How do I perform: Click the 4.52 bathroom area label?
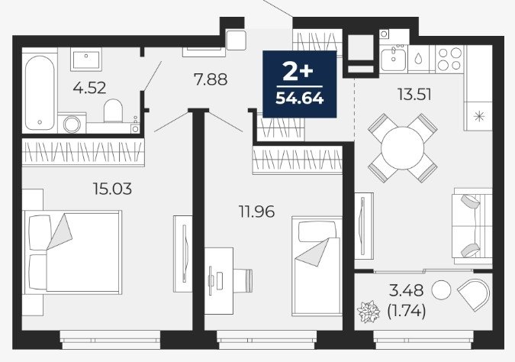pyautogui.click(x=89, y=88)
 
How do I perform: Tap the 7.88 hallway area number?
pyautogui.click(x=211, y=79)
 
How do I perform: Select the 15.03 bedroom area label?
pyautogui.click(x=112, y=189)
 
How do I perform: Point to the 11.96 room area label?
pyautogui.click(x=256, y=212)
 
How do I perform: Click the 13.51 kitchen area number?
pyautogui.click(x=414, y=95)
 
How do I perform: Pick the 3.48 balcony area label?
pyautogui.click(x=407, y=290)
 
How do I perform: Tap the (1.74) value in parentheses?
pyautogui.click(x=407, y=310)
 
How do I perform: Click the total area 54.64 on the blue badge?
pyautogui.click(x=300, y=98)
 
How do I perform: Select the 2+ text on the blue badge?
pyautogui.click(x=298, y=72)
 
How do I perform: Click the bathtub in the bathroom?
pyautogui.click(x=40, y=93)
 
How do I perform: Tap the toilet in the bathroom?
pyautogui.click(x=114, y=111)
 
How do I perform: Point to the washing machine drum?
pyautogui.click(x=72, y=124)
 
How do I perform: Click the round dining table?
pyautogui.click(x=402, y=148)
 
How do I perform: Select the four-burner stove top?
pyautogui.click(x=449, y=59)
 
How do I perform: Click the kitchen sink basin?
pyautogui.click(x=394, y=59)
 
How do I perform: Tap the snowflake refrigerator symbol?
pyautogui.click(x=479, y=116)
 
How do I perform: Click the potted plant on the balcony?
pyautogui.click(x=369, y=311)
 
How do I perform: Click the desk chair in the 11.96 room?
pyautogui.click(x=243, y=280)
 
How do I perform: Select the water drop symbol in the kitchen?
pyautogui.click(x=418, y=59)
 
